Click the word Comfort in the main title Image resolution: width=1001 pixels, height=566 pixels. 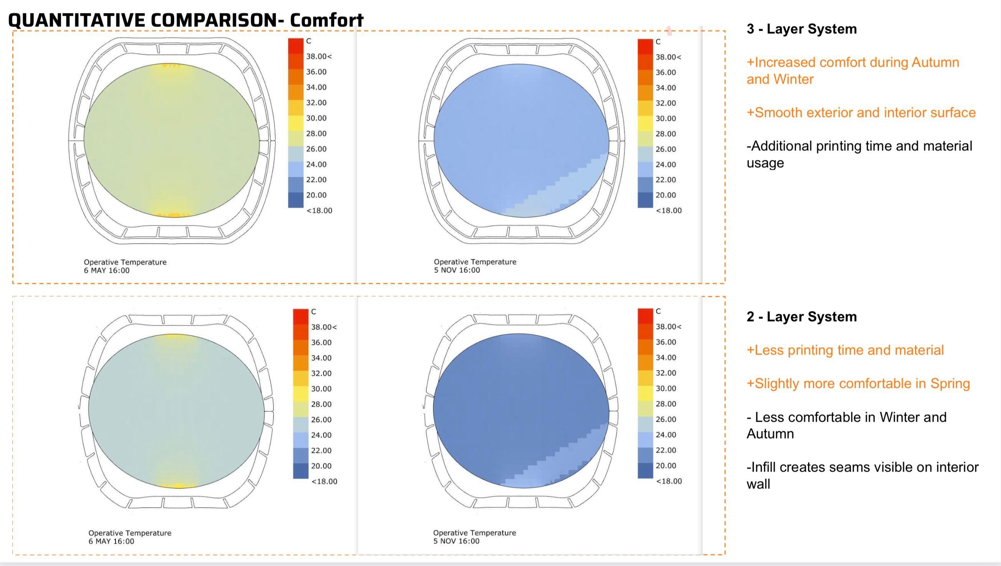coord(327,20)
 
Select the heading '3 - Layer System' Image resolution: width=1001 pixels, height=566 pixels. coord(801,29)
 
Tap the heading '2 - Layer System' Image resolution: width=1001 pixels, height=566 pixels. coord(801,317)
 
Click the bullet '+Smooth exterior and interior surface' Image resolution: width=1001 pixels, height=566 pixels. coord(861,113)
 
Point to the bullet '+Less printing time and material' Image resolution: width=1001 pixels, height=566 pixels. coord(845,350)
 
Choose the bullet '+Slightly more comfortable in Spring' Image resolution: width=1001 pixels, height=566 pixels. coord(858,384)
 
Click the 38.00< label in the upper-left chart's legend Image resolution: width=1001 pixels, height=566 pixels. coord(319,57)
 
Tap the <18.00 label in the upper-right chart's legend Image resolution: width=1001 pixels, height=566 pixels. coord(668,211)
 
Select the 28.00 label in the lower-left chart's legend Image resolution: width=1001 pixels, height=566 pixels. coord(321,404)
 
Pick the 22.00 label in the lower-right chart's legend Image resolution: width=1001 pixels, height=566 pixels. coord(666,450)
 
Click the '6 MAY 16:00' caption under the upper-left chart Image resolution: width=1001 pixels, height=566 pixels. coord(107,271)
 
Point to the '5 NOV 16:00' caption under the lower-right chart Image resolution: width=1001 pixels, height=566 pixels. coord(456,541)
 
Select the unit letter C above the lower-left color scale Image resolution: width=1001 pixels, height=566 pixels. coord(313,312)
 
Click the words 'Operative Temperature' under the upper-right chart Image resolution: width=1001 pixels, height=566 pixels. coord(475,262)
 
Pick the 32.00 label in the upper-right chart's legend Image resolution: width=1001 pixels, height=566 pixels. coord(666,103)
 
